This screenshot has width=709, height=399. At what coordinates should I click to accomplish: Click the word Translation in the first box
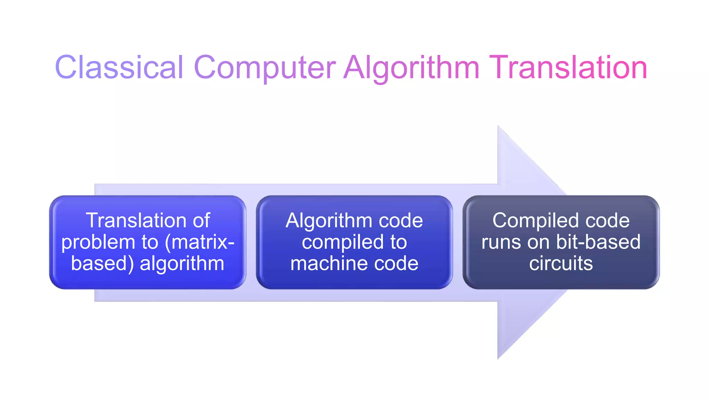tap(136, 220)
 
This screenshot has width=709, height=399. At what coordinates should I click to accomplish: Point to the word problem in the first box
tap(98, 242)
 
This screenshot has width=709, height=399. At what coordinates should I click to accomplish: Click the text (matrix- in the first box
tap(200, 242)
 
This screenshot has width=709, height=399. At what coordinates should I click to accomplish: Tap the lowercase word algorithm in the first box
tap(182, 264)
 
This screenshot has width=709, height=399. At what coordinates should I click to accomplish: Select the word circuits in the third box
tap(561, 264)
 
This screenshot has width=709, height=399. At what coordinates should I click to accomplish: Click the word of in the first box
tap(201, 220)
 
